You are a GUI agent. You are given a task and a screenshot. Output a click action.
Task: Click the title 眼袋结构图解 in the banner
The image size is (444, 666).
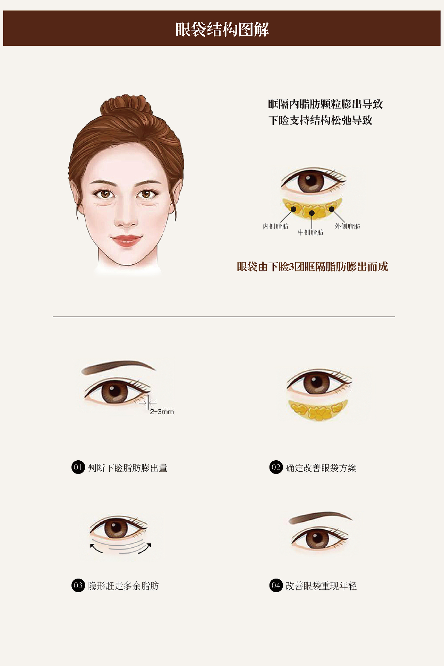click(x=222, y=29)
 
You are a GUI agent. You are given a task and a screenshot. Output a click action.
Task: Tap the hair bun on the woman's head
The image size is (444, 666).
click(x=126, y=105)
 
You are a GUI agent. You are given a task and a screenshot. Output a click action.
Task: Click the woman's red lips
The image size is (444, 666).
click(x=126, y=240)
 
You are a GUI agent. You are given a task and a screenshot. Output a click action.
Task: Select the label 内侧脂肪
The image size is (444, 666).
click(x=275, y=227)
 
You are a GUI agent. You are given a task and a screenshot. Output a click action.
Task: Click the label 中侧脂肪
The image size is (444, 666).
click(x=310, y=232)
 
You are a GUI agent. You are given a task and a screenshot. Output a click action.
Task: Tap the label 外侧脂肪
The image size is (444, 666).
click(x=347, y=227)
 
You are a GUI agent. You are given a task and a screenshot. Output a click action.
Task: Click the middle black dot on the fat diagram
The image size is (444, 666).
click(x=312, y=213)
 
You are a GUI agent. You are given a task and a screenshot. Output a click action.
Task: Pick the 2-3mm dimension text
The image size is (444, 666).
click(x=162, y=412)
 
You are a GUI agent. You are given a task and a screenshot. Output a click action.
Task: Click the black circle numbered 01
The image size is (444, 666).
click(x=78, y=467)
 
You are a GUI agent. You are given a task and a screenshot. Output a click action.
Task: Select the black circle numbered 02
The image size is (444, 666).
click(x=276, y=467)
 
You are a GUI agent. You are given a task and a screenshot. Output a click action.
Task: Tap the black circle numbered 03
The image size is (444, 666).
click(x=78, y=586)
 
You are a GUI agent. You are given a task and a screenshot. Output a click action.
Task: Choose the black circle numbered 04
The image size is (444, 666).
click(x=276, y=586)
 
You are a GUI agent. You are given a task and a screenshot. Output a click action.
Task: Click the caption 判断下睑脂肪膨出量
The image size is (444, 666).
click(x=128, y=468)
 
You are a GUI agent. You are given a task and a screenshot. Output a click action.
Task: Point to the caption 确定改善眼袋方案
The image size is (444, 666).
click(x=321, y=468)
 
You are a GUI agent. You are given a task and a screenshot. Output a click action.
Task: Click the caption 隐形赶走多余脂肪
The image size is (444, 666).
click(x=123, y=586)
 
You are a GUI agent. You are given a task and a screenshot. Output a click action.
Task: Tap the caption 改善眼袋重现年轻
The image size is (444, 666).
click(x=321, y=586)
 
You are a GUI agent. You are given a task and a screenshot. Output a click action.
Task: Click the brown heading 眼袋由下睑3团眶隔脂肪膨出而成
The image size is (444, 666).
click(x=312, y=267)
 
